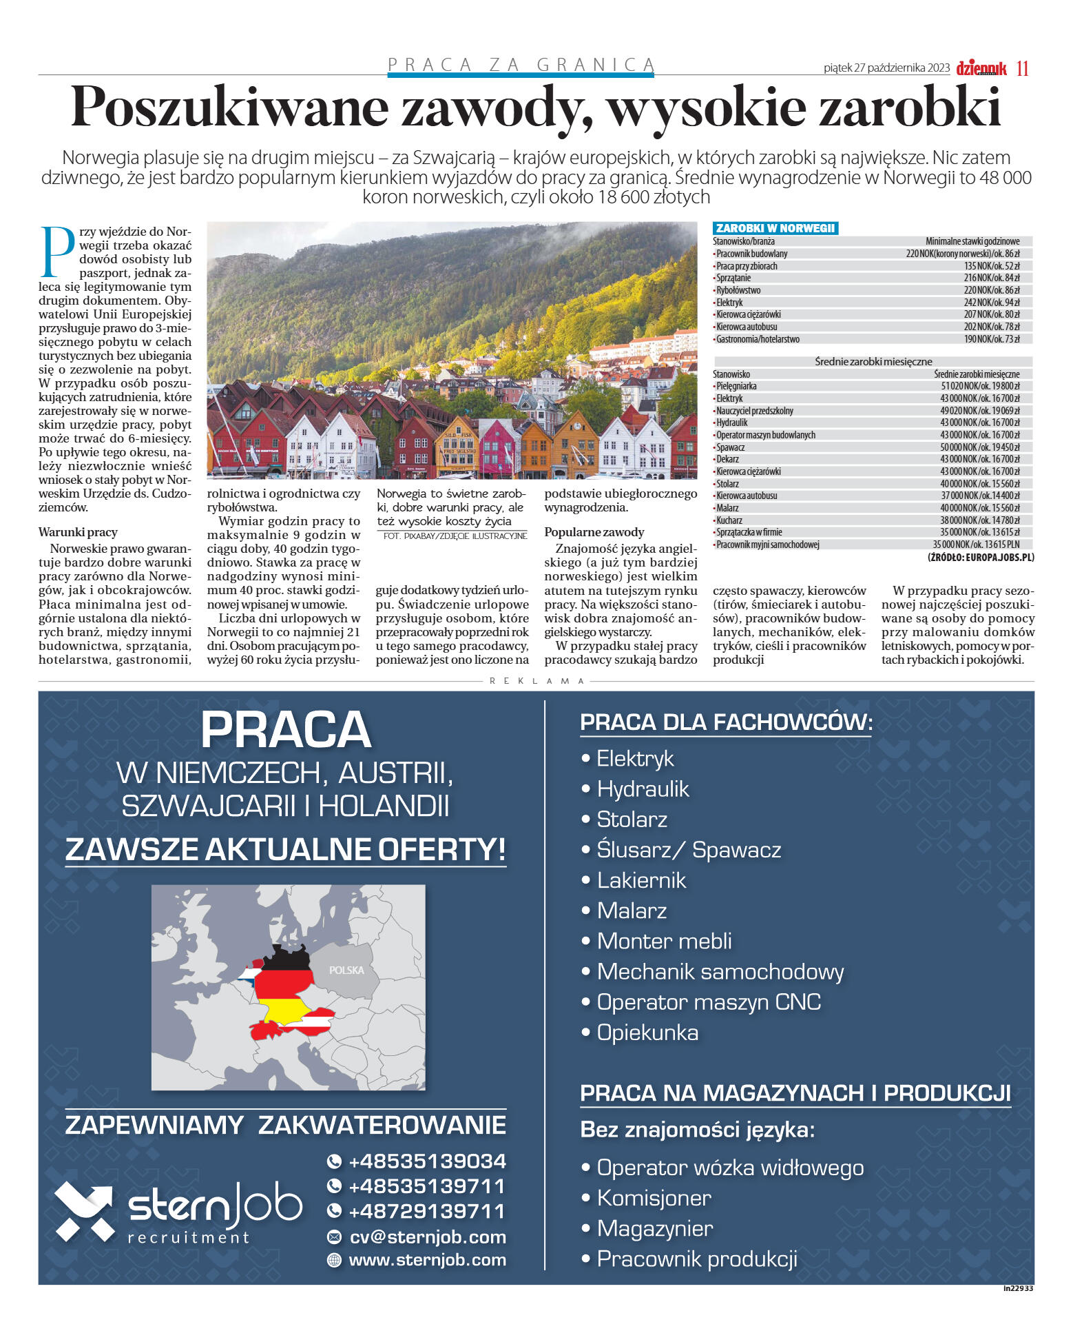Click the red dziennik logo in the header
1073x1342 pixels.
click(x=981, y=68)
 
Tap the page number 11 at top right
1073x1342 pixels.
click(x=1022, y=68)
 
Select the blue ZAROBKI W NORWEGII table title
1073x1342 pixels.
click(x=775, y=228)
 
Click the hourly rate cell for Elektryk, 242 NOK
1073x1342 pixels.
click(x=991, y=303)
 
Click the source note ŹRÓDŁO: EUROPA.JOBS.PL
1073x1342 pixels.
click(x=980, y=557)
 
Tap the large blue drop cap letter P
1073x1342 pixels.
click(x=58, y=252)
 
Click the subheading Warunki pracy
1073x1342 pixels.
click(x=78, y=532)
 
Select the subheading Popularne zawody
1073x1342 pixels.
click(x=594, y=532)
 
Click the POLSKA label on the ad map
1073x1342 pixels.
click(x=346, y=970)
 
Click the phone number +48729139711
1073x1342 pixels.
click(x=427, y=1211)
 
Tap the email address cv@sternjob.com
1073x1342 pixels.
click(x=427, y=1237)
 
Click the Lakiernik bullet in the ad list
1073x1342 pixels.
click(x=640, y=880)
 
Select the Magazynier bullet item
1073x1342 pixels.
click(x=654, y=1228)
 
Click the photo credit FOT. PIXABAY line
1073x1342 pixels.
click(x=455, y=536)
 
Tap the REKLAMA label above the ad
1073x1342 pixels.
click(x=536, y=681)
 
